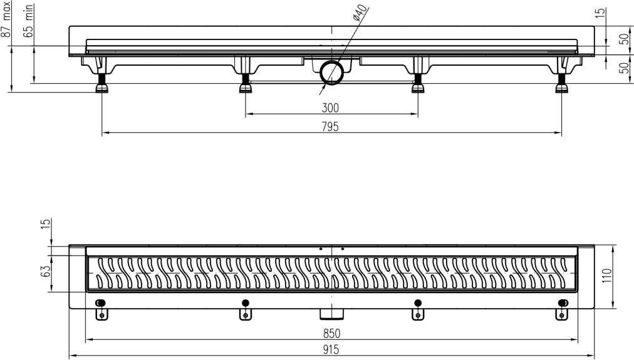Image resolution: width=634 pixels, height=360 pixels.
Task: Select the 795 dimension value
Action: pyautogui.click(x=330, y=126)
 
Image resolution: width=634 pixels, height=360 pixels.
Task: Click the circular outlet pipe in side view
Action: pyautogui.click(x=331, y=73)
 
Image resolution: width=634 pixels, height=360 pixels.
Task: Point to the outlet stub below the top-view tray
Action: pyautogui.click(x=331, y=312)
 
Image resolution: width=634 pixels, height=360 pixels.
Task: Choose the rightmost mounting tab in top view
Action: pyautogui.click(x=563, y=309)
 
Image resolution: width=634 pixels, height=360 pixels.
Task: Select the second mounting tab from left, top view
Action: pyautogui.click(x=244, y=309)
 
